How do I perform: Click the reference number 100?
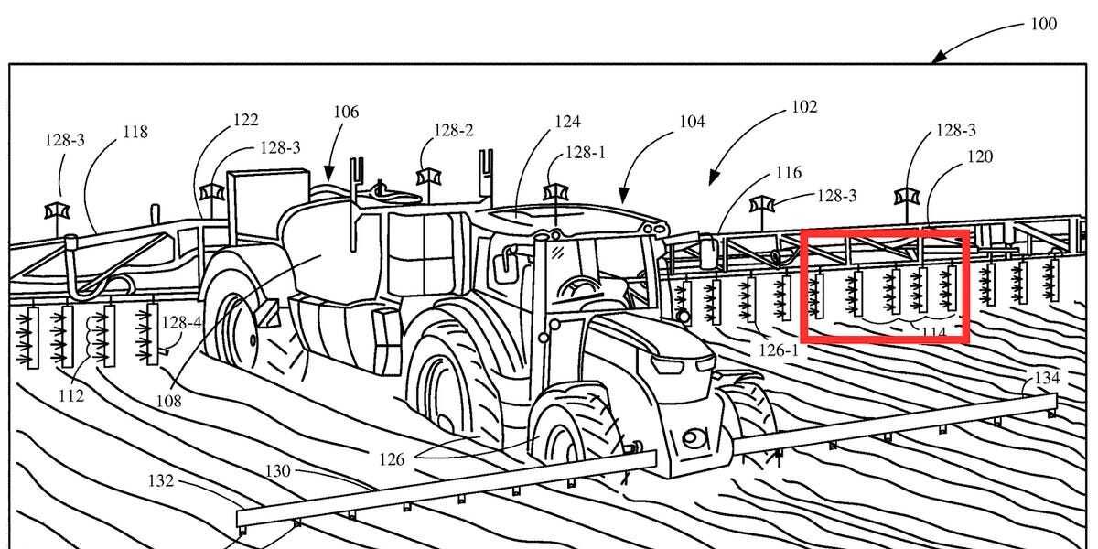coord(1043,24)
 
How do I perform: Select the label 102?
coord(803,107)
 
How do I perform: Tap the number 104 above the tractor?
coord(692,121)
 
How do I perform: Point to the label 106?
coord(346,113)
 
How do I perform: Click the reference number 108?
coord(168,400)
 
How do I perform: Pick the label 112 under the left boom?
coord(70,395)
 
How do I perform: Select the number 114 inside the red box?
coord(933,333)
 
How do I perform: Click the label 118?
coord(135,132)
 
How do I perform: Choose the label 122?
coord(245,120)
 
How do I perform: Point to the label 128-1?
coord(586,153)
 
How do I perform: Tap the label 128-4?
coord(181,322)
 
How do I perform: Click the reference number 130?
coord(278,471)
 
